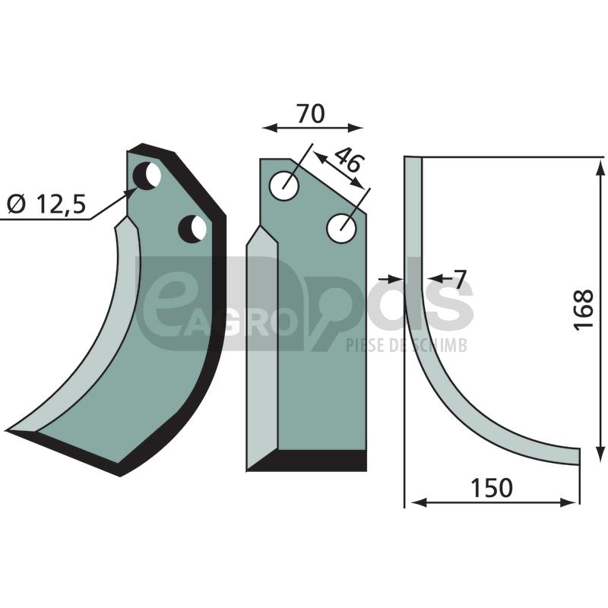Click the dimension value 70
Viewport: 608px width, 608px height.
[x=310, y=114]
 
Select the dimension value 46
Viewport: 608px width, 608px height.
[x=349, y=160]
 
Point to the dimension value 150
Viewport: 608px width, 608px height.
[x=491, y=488]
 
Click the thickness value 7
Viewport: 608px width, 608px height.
[x=459, y=280]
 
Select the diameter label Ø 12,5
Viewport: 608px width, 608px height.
[x=46, y=204]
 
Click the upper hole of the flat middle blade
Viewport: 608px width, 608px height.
[x=283, y=185]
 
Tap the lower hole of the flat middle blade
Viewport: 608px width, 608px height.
[x=341, y=228]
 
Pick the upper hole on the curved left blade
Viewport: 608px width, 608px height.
[x=147, y=176]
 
